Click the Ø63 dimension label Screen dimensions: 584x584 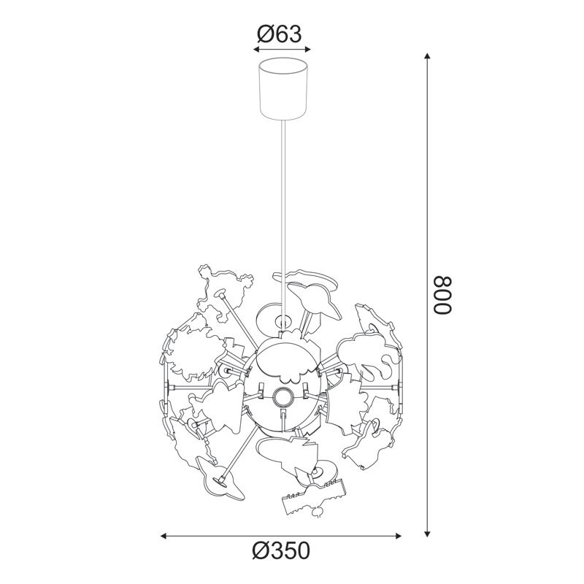tap(279, 34)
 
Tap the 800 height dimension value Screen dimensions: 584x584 tap(442, 296)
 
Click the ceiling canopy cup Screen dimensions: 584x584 tap(283, 88)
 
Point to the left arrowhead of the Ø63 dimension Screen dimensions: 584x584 tap(256, 49)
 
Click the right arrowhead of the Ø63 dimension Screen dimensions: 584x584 tap(307, 49)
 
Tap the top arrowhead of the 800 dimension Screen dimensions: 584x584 tap(428, 56)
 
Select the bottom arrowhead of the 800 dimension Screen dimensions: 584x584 tap(428, 534)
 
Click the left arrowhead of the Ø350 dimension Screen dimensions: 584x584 tap(164, 536)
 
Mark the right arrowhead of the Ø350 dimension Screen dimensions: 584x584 tap(398, 536)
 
